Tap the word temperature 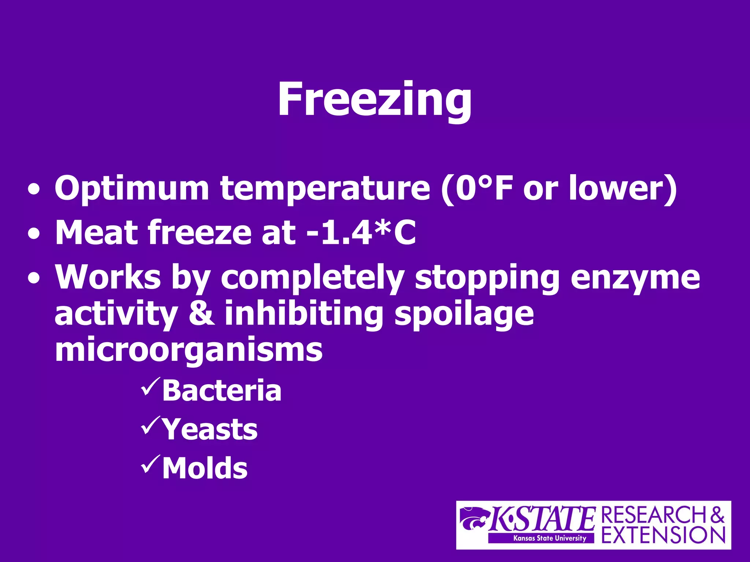(x=325, y=189)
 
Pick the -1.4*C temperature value (x=361, y=232)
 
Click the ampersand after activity (x=201, y=313)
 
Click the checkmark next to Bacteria (x=150, y=387)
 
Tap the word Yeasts (x=210, y=429)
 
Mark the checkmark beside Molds (x=150, y=464)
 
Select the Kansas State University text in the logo (x=549, y=538)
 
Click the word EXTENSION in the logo (x=663, y=535)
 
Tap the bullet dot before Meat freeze (x=34, y=234)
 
